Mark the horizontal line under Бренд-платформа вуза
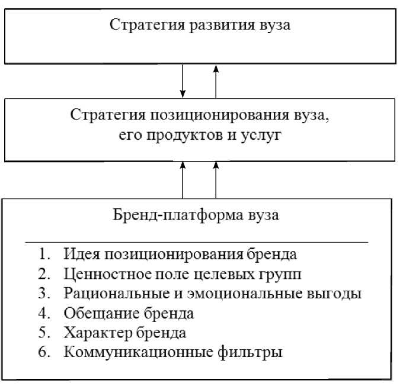pyautogui.click(x=196, y=242)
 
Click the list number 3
pyautogui.click(x=43, y=294)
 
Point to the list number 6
pyautogui.click(x=43, y=353)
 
